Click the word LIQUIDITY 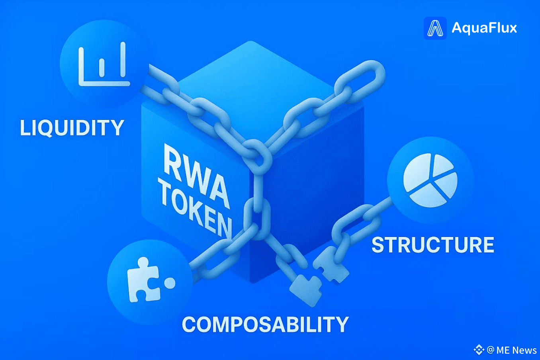[72, 128]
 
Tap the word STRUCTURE [433, 245]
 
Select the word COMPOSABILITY [265, 325]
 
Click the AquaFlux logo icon [435, 28]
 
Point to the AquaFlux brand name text [484, 28]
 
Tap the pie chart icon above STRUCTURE [430, 181]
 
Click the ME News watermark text [517, 350]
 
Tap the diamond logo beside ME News [479, 350]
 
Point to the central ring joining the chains [257, 155]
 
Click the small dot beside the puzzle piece [170, 283]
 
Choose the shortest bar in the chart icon [102, 68]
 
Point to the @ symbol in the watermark [491, 350]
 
